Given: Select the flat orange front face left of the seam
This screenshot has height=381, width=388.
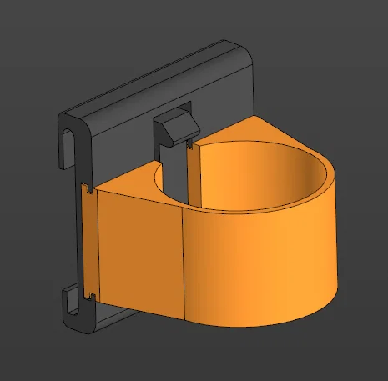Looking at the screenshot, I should pyautogui.click(x=138, y=250).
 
